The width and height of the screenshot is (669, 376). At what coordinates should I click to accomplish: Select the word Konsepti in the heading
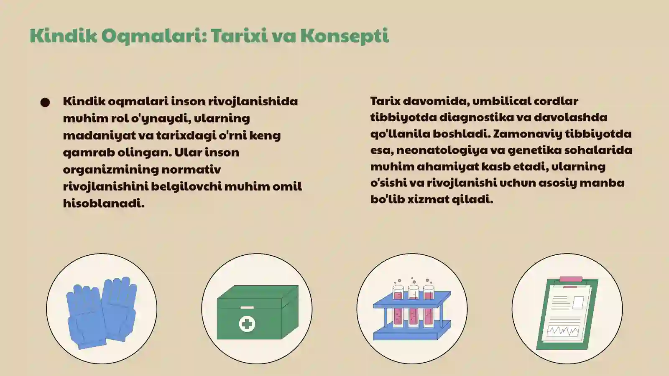tap(345, 36)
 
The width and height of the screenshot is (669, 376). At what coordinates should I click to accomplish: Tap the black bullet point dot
tap(45, 102)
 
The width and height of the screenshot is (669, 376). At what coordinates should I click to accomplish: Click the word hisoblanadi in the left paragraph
tap(103, 203)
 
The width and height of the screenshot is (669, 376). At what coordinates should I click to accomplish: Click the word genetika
tap(532, 150)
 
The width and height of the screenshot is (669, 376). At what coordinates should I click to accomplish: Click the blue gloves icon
tap(102, 311)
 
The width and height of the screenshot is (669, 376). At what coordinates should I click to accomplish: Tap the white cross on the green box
tap(247, 324)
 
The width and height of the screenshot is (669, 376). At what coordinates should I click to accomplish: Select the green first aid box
tap(257, 312)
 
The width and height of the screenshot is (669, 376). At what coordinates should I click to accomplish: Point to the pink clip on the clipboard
tap(571, 279)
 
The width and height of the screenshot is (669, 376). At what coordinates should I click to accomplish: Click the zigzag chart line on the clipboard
tap(563, 331)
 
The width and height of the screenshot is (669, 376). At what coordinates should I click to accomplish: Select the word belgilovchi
tap(186, 186)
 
